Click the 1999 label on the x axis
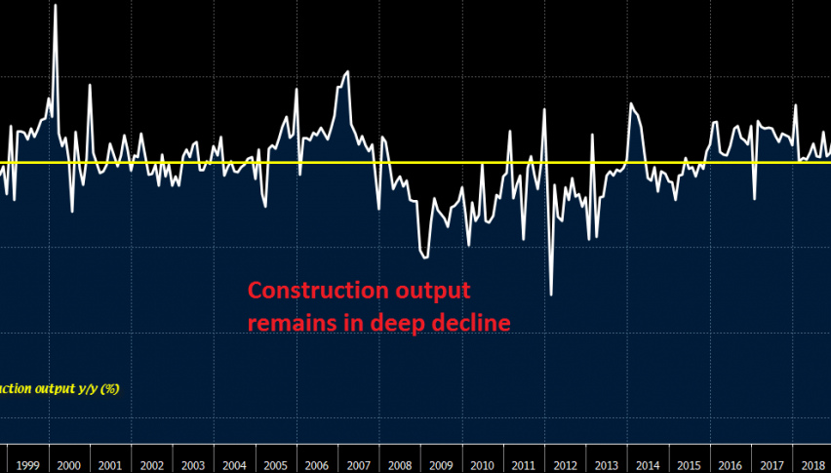(27, 465)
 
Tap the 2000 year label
(69, 465)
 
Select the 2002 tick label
(151, 465)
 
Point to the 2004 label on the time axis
(234, 465)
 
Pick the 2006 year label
(317, 465)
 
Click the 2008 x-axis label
(400, 465)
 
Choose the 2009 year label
(441, 465)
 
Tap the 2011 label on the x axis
(524, 465)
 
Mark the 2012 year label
(565, 465)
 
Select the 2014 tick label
(648, 465)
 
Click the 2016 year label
(731, 465)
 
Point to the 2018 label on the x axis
(811, 465)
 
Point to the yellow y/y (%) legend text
(97, 388)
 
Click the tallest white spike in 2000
(55, 6)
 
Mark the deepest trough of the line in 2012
(551, 295)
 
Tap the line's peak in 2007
(347, 72)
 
